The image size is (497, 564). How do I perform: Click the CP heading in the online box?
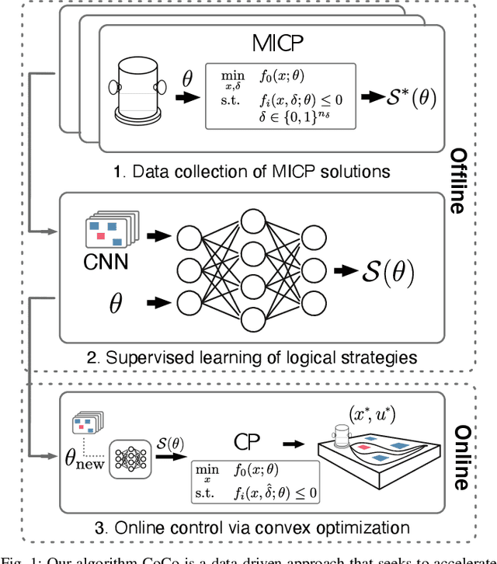pos(248,440)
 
